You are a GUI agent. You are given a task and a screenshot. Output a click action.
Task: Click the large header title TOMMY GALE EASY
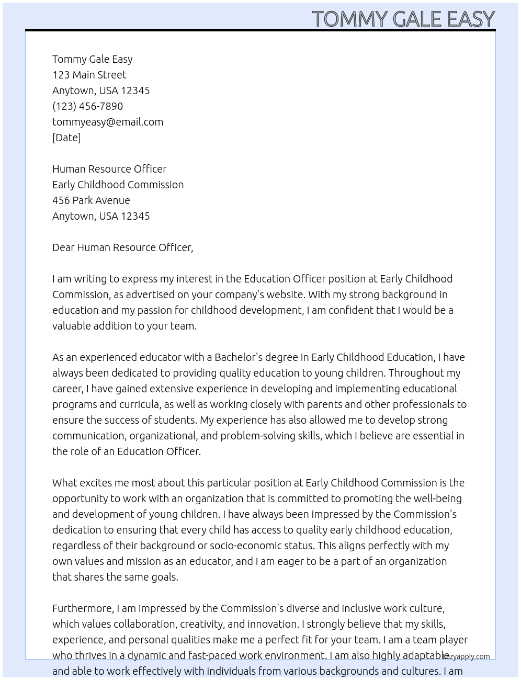tap(403, 19)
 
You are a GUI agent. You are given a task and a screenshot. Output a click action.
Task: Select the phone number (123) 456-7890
tap(87, 106)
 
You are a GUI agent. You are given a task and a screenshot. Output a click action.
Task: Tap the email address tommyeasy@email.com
tap(107, 122)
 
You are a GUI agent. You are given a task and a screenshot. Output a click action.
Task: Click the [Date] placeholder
tap(66, 138)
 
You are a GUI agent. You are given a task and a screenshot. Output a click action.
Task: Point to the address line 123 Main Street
tap(89, 75)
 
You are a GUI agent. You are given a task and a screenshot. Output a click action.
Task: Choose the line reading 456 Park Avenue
tap(91, 200)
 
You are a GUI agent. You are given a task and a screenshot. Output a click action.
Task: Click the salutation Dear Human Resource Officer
tap(122, 247)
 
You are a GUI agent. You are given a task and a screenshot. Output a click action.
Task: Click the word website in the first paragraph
tap(285, 294)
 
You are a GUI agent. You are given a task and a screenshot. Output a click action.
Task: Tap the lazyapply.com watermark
tap(467, 656)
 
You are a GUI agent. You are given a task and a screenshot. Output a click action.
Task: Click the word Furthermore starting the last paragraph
tap(83, 608)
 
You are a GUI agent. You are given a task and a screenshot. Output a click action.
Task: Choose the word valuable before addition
tap(71, 326)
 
